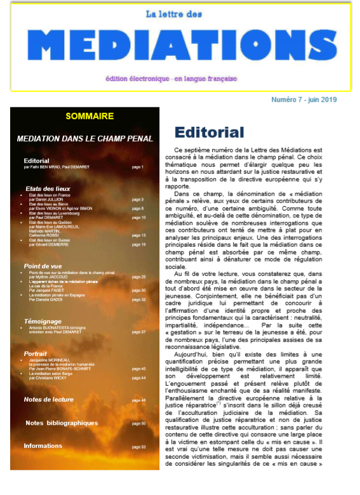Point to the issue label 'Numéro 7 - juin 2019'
pos(303,100)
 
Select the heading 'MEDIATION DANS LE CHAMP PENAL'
pos(84,138)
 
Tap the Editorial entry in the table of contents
pos(36,161)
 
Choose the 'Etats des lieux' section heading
pos(47,188)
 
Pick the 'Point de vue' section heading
pos(43,266)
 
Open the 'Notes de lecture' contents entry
pos(48,400)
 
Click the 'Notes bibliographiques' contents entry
pos(62,423)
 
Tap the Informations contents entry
pos(43,446)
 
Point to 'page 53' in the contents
pos(138,447)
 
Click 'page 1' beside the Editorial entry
pos(138,167)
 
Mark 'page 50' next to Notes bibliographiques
pos(138,423)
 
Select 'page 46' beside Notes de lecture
pos(138,400)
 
